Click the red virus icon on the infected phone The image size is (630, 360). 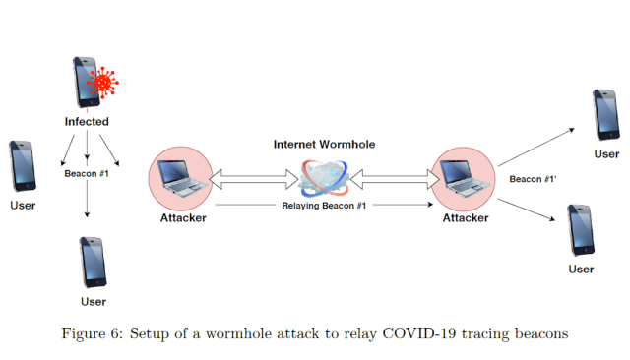tap(102, 83)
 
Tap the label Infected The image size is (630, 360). tap(87, 122)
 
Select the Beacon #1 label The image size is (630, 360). tap(87, 174)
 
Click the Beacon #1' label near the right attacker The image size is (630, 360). tap(533, 179)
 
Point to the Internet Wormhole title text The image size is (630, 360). tap(324, 144)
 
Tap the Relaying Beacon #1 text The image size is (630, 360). tap(324, 206)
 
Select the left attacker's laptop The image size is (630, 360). tap(182, 178)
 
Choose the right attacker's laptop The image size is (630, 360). tap(465, 179)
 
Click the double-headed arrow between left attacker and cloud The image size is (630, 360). tap(254, 179)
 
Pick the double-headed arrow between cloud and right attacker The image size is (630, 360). tap(395, 179)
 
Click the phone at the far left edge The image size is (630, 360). tap(23, 166)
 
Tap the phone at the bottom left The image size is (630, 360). tap(94, 262)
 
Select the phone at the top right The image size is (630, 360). tap(606, 115)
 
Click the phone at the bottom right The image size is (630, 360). tap(581, 230)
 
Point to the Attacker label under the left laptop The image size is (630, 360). tap(183, 218)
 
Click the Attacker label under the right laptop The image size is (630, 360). tap(466, 218)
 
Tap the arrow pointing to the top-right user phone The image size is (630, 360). tap(535, 148)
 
